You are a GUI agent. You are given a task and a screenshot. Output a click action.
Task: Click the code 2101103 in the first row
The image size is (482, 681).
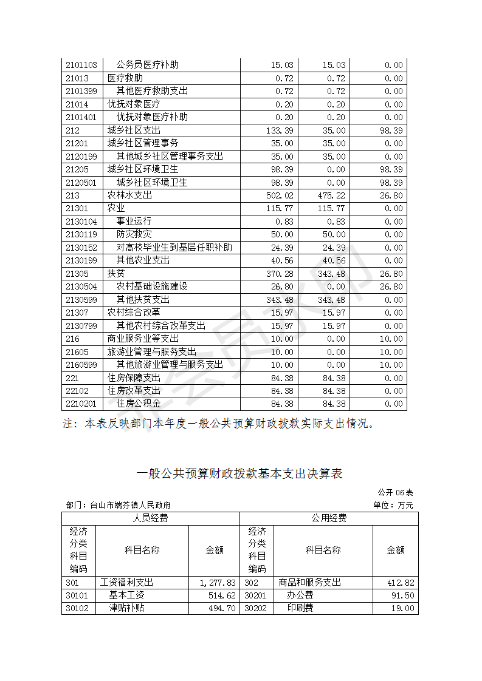[x=81, y=65]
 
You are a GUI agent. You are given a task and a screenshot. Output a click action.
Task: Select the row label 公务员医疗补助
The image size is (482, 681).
[x=148, y=65]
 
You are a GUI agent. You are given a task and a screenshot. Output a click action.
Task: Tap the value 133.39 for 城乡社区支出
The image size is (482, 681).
[x=280, y=130]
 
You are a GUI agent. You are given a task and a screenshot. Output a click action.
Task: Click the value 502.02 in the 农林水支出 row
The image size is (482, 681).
[x=280, y=195]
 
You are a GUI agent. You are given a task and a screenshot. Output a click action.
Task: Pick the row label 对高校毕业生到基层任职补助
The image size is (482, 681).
[x=174, y=248]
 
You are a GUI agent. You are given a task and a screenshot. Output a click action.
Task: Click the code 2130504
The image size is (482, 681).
[x=81, y=286]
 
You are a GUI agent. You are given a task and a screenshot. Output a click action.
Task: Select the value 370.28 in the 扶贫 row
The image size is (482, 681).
[x=280, y=274]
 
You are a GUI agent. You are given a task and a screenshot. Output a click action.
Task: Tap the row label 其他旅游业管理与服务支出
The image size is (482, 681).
[x=170, y=365]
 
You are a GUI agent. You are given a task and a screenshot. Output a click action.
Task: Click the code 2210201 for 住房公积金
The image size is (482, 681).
[x=81, y=404]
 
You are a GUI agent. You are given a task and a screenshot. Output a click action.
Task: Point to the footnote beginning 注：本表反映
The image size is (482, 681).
[x=219, y=424]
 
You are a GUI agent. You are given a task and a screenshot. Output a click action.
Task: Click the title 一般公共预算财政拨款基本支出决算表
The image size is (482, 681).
[x=240, y=473]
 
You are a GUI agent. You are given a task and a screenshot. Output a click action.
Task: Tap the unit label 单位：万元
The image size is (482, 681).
[x=393, y=505]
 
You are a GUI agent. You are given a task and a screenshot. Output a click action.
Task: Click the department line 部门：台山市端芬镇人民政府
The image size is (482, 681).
[x=118, y=505]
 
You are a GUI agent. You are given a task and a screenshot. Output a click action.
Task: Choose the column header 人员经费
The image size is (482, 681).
[x=151, y=518]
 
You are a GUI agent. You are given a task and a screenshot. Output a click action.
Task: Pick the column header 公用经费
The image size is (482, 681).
[x=329, y=518]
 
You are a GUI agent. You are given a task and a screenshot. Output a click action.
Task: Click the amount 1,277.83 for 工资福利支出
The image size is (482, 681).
[x=217, y=583]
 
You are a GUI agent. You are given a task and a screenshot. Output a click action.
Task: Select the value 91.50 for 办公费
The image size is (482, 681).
[x=404, y=595]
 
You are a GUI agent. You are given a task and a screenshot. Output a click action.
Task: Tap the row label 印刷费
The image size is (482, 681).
[x=300, y=608]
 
